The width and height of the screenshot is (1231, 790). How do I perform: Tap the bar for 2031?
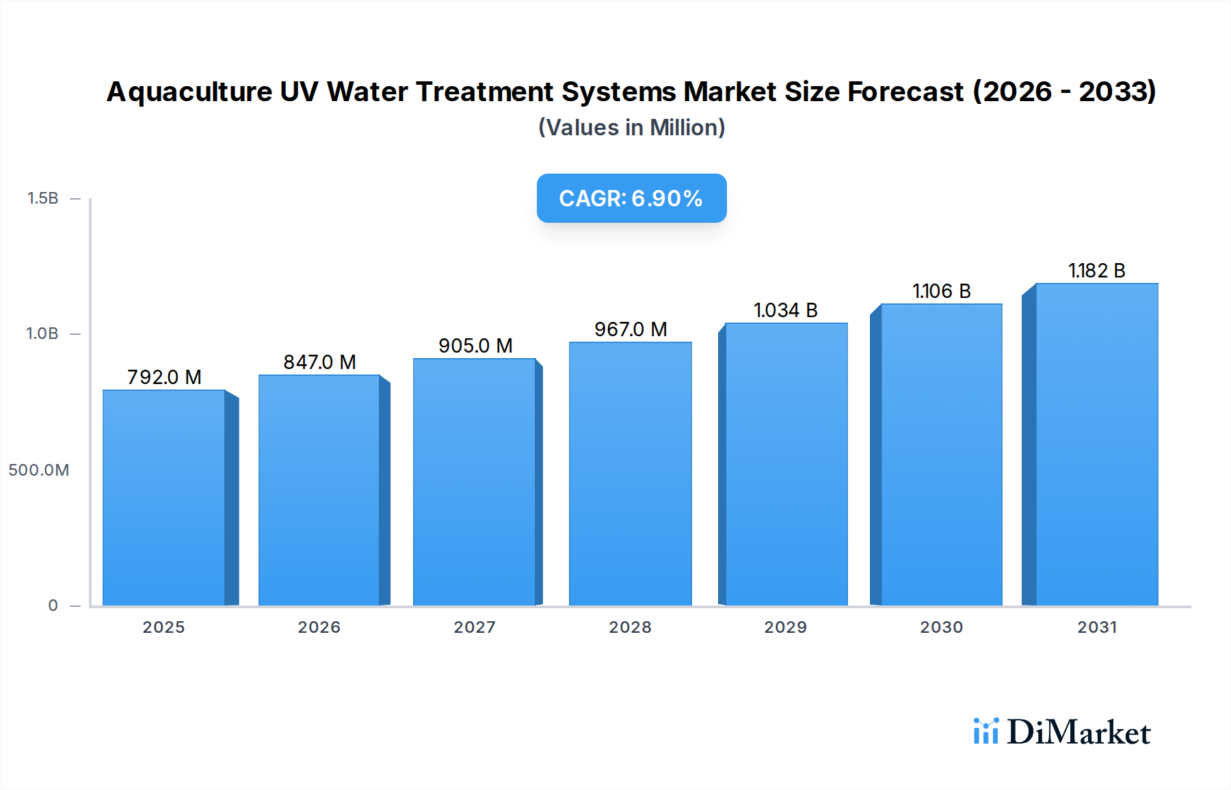(1096, 444)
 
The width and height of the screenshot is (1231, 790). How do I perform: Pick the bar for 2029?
(786, 464)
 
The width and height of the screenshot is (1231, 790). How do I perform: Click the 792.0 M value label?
(164, 377)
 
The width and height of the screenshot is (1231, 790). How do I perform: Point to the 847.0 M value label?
(319, 362)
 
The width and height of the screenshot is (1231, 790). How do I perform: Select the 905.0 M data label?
(475, 346)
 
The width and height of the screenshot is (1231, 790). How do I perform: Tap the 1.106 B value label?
(941, 291)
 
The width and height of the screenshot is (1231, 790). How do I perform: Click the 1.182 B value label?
(1096, 271)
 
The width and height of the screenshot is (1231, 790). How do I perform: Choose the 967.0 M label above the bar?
(630, 329)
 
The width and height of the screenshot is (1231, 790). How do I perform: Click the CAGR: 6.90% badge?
(631, 198)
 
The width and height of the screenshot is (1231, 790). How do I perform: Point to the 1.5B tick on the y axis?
(42, 198)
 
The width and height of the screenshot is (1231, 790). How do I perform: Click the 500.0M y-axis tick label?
(39, 470)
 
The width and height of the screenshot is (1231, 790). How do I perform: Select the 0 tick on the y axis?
(53, 605)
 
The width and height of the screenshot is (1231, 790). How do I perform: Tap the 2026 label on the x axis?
(319, 627)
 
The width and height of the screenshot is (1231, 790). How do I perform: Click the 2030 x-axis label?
(941, 627)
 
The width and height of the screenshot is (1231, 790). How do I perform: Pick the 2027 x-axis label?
(475, 627)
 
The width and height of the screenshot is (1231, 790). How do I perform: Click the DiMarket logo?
(1062, 732)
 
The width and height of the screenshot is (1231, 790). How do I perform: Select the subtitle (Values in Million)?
(631, 128)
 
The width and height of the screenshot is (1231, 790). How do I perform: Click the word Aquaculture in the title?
(189, 92)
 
